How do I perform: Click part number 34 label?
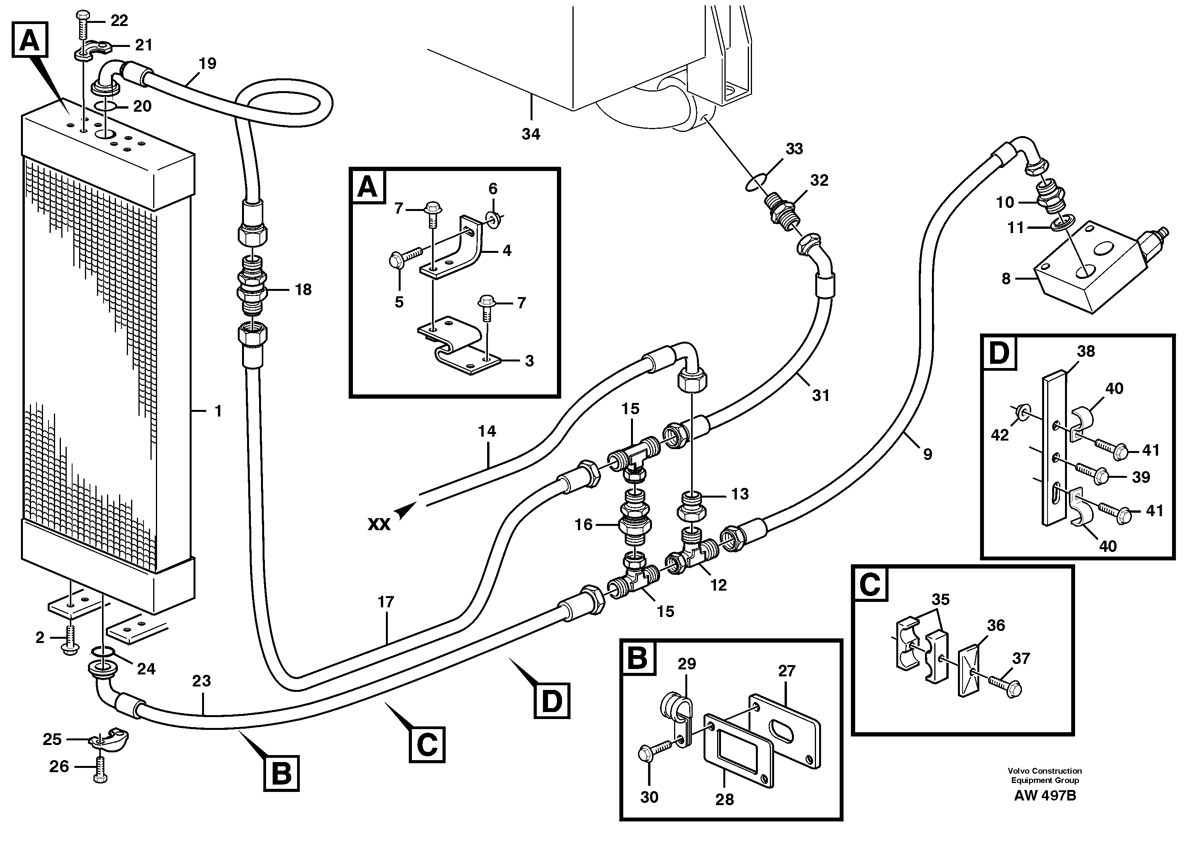pyautogui.click(x=531, y=134)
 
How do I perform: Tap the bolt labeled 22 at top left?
pyautogui.click(x=83, y=24)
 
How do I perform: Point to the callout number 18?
pyautogui.click(x=303, y=289)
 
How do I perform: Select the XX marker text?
pyautogui.click(x=379, y=524)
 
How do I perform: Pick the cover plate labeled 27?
pyautogui.click(x=786, y=731)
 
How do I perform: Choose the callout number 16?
pyautogui.click(x=583, y=524)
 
